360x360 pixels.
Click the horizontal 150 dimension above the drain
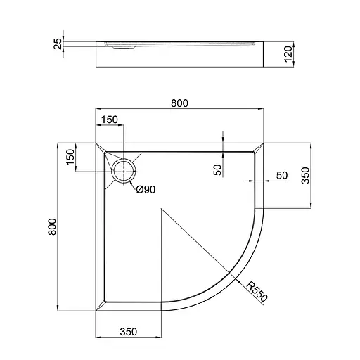pyautogui.click(x=109, y=120)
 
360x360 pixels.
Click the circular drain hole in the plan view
pyautogui.click(x=124, y=169)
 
